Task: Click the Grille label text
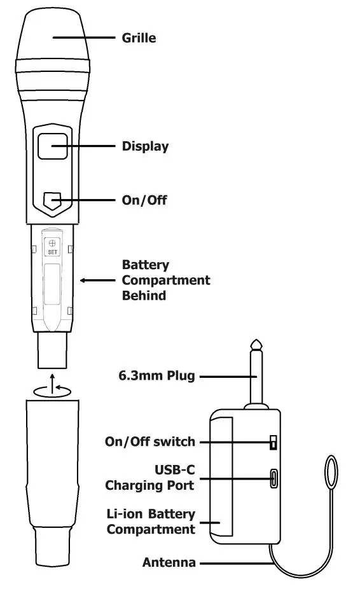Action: point(139,38)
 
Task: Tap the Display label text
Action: point(146,146)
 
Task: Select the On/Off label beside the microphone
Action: point(144,200)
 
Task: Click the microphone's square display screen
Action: point(53,146)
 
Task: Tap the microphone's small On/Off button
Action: point(52,201)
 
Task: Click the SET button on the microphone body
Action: point(52,247)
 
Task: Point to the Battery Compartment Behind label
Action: point(166,281)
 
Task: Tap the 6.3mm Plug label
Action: point(156,376)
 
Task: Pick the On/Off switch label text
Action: point(150,442)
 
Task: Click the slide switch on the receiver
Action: point(273,442)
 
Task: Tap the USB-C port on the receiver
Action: point(274,478)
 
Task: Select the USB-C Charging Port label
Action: point(150,478)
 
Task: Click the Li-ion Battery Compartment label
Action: point(151,522)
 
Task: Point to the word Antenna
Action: point(169,563)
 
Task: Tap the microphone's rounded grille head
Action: point(53,34)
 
